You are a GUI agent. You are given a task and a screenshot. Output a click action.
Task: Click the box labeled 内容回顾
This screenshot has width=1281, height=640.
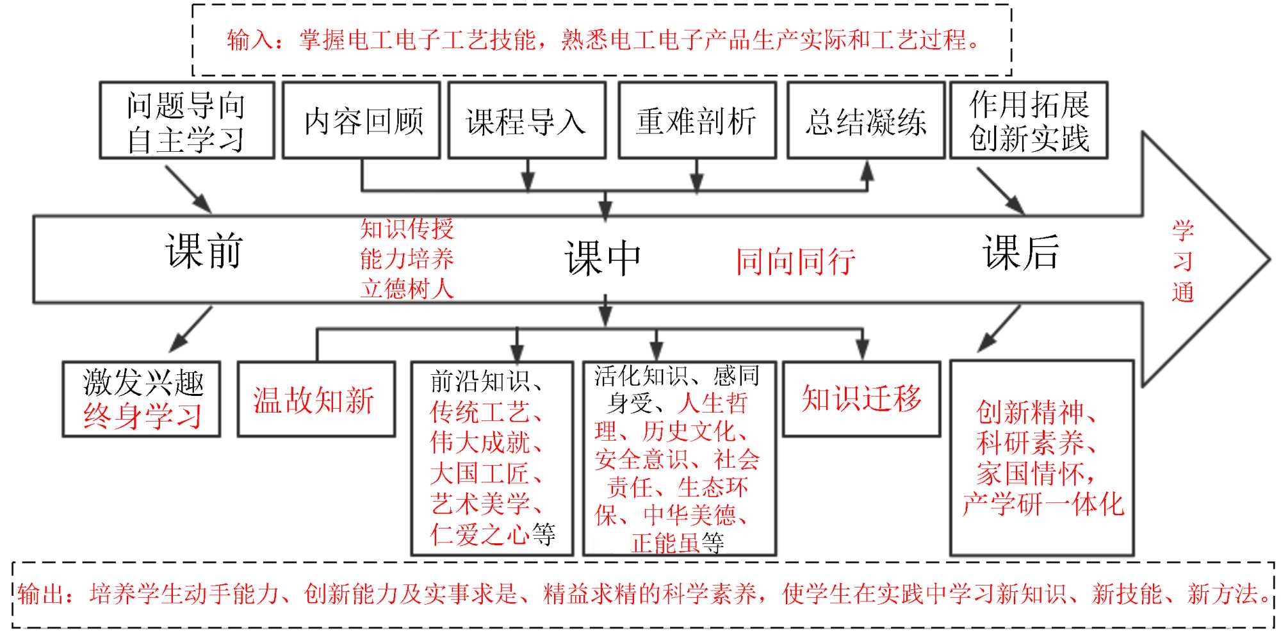362,120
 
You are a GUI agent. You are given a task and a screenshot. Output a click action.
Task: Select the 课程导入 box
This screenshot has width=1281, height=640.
526,120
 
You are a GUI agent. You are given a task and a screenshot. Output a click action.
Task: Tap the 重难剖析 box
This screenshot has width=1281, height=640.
697,120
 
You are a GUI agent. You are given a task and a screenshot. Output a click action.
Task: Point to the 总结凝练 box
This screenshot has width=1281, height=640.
866,120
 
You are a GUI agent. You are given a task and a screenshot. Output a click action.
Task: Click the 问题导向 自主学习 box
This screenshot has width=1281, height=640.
186,120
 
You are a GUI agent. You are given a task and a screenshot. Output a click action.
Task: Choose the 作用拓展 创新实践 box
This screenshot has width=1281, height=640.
1029,120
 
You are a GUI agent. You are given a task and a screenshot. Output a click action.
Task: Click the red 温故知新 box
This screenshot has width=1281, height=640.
316,400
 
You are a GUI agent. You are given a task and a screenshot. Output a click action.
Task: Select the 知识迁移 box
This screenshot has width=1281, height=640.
861,398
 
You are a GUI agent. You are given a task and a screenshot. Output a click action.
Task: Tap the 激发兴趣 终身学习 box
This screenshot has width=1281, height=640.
142,399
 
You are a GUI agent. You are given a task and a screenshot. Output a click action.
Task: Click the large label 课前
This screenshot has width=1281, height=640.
204,250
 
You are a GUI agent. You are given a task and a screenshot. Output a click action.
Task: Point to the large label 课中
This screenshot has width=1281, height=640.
603,259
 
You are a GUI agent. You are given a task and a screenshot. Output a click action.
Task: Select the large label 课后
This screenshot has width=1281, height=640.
1021,252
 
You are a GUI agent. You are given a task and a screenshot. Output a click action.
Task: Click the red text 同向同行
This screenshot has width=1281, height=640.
795,261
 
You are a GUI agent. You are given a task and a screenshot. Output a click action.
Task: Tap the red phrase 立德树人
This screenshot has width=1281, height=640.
407,289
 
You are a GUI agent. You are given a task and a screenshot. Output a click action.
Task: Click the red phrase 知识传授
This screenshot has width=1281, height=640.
407,229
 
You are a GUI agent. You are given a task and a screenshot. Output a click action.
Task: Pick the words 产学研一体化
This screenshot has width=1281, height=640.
1043,504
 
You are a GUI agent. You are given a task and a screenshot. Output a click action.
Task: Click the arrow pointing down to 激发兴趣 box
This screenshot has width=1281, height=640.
190,329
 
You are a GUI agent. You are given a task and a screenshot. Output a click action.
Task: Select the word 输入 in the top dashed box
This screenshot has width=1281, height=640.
247,40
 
